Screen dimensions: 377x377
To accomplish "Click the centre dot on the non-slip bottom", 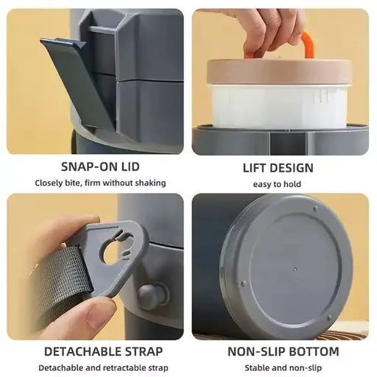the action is (x=295, y=269).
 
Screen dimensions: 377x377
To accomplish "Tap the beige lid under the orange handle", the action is (x=279, y=71).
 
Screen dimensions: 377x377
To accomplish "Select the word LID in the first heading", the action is (x=130, y=167).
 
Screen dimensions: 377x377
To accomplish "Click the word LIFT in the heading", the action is (x=255, y=168).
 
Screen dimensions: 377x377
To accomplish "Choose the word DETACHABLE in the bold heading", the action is (x=82, y=352).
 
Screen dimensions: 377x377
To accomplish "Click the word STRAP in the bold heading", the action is (x=144, y=352).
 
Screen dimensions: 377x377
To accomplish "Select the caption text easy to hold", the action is (x=277, y=184).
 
